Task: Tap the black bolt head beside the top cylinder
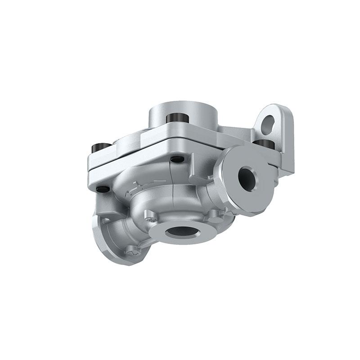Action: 175,118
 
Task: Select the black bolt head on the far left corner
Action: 98,147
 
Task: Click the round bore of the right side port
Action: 247,177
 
